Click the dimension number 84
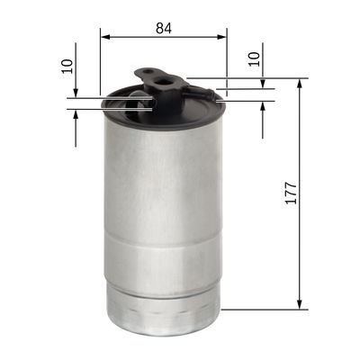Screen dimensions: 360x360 (164, 28)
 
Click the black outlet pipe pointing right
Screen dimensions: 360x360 (205, 92)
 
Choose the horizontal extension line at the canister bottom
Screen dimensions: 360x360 (261, 310)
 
